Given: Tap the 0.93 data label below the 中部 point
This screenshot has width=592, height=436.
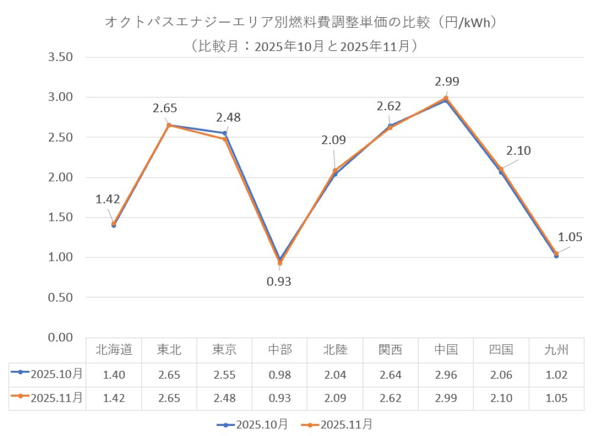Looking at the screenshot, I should point(279,281).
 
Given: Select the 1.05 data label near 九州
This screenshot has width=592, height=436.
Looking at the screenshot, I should point(571,237).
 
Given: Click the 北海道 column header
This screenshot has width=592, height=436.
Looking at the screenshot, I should point(114,350).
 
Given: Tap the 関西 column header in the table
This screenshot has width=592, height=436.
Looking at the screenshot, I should point(390,350).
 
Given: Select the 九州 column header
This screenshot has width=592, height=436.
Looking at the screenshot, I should point(556,350).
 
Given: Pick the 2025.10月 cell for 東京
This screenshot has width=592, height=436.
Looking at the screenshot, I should point(224,374).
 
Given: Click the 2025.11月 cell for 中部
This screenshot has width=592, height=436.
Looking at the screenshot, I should point(280,398).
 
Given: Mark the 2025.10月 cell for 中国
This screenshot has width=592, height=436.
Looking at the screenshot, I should point(446,374).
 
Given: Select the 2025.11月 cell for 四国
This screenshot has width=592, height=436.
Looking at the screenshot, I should point(501,398).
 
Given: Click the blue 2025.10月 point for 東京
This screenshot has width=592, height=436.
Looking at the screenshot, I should point(225,133).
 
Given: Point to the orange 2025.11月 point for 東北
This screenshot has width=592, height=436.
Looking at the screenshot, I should point(169,125).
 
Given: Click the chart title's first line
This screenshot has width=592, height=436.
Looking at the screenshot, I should point(300,23).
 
